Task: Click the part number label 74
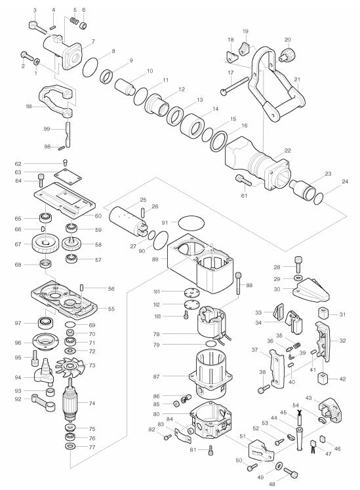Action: pos(92,404)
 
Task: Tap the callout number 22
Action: pos(287,151)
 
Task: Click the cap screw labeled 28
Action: pos(298,265)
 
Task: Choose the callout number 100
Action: pos(29,106)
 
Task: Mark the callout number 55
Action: pos(111,309)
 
